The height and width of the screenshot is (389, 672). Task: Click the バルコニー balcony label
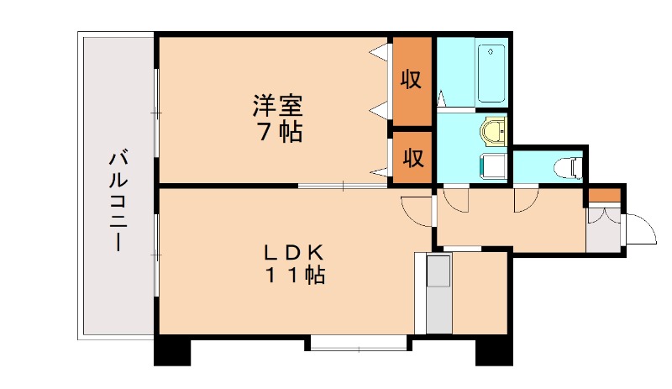118,201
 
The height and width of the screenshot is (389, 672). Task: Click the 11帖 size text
294,275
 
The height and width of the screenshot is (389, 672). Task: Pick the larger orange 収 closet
411,81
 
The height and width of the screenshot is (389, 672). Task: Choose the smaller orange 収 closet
411,157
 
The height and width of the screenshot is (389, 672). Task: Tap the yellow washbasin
493,131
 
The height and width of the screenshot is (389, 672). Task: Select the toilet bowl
570,167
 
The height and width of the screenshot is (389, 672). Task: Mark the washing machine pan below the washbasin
492,165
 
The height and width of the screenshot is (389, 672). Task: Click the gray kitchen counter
438,294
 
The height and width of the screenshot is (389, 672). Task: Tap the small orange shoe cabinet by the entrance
604,197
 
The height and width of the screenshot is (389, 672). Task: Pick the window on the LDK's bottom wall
358,343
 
